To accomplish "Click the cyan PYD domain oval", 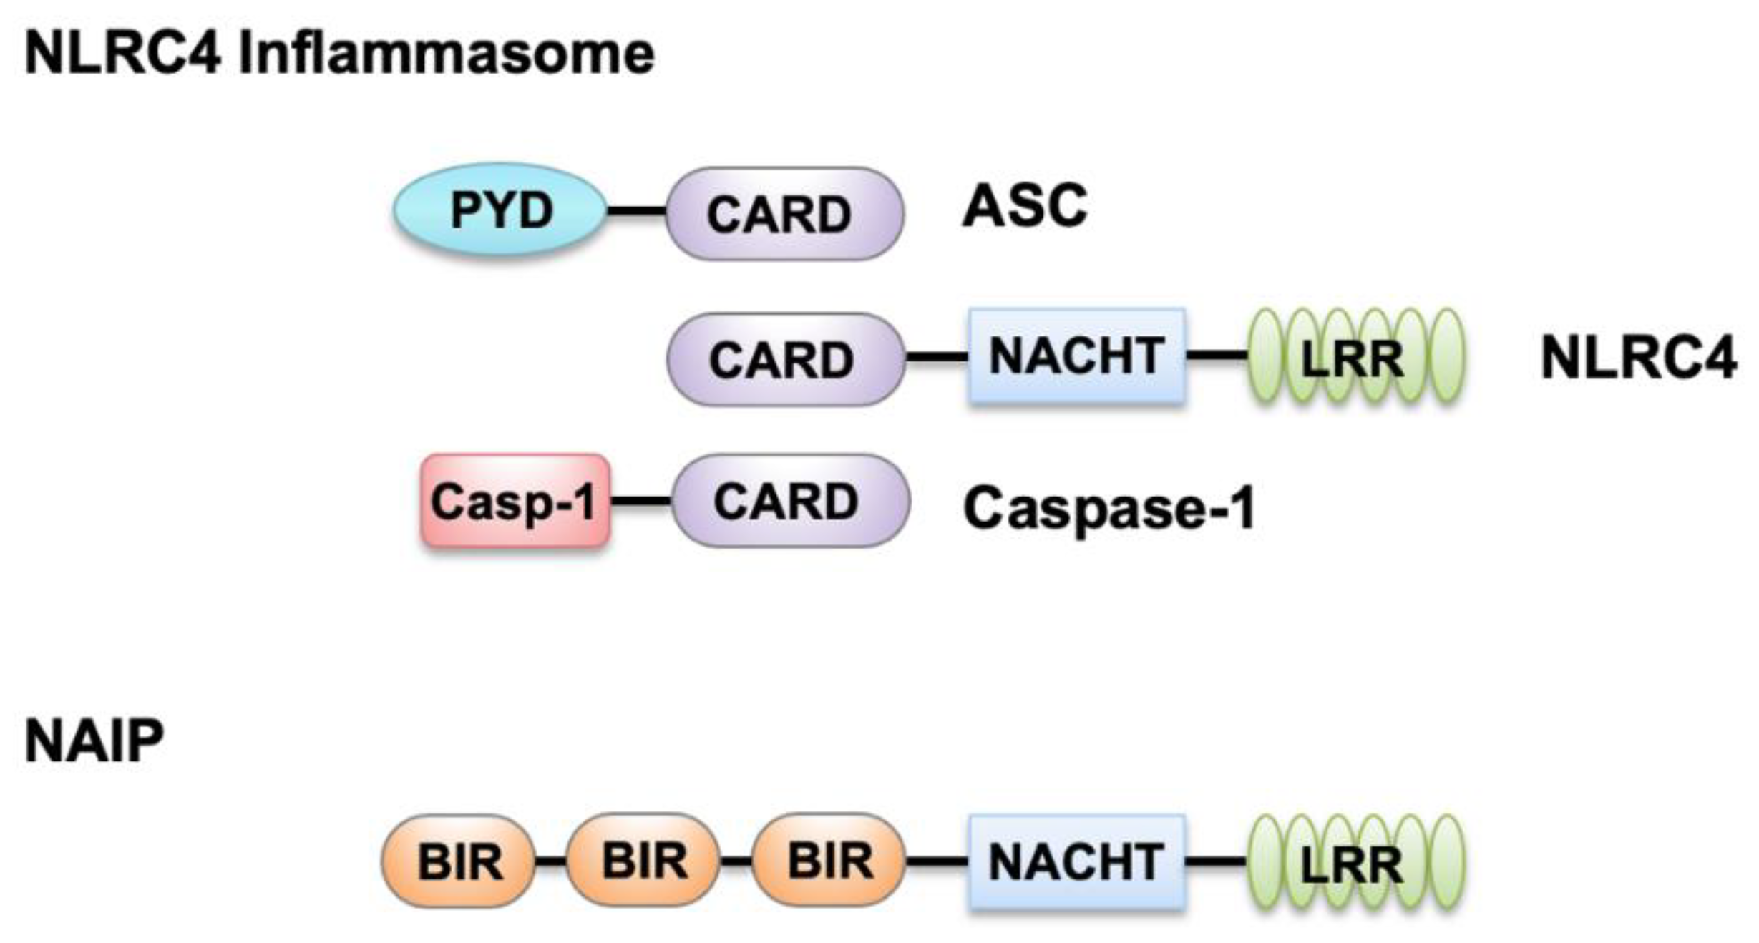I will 500,210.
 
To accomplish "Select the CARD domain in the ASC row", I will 784,213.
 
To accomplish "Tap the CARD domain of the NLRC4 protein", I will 785,359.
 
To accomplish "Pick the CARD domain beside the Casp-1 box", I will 790,501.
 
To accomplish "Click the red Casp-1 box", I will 515,501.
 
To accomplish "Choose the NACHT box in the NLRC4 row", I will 1076,356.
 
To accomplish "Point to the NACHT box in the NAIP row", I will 1076,861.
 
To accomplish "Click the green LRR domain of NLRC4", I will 1355,356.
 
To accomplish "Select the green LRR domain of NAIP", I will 1355,862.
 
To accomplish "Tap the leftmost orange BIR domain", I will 458,861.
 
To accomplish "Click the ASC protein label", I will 1025,206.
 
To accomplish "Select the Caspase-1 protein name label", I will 1109,508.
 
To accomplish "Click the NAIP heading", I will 94,741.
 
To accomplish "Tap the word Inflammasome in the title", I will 447,53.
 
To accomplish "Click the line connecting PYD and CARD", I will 636,211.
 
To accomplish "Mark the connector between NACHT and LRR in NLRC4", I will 1217,354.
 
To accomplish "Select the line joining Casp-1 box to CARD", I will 641,501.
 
